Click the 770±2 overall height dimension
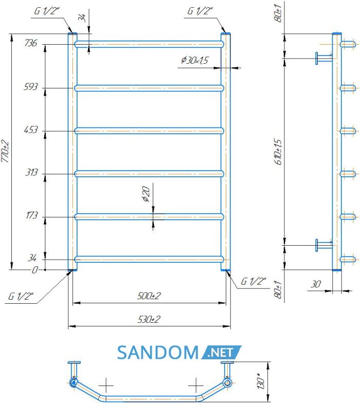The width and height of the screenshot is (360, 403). (5, 151)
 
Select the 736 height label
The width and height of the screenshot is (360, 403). (31, 43)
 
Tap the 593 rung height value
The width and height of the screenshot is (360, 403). (31, 86)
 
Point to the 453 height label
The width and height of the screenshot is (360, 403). (31, 130)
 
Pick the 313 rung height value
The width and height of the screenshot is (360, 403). (31, 172)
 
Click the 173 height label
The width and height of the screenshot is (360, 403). (31, 215)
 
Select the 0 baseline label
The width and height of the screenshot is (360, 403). (35, 270)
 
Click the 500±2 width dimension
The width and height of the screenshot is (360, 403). (149, 296)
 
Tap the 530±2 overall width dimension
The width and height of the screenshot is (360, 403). (149, 319)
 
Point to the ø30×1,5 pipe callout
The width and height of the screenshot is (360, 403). (194, 60)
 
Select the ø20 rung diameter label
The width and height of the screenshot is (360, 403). (146, 194)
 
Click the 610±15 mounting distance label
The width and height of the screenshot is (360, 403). (278, 152)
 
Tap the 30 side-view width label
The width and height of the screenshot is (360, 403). (316, 284)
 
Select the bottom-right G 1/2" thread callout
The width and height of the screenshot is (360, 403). (253, 281)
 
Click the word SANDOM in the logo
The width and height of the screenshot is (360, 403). (158, 353)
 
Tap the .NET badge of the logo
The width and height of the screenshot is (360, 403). (221, 353)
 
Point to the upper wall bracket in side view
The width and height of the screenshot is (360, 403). (324, 59)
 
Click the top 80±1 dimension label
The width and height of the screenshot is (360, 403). (278, 13)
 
